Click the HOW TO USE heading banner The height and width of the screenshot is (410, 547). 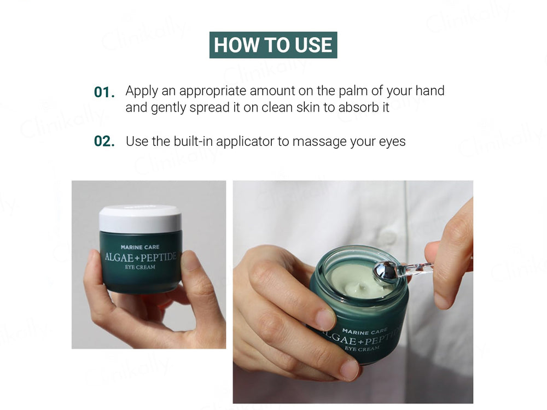273,45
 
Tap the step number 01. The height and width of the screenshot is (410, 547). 104,92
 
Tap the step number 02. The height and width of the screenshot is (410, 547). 104,142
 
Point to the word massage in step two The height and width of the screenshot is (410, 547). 317,142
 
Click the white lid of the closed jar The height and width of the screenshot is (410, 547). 140,219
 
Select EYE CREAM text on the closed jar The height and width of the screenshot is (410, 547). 139,267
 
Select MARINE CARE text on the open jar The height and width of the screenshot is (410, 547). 364,331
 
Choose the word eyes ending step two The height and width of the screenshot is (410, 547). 392,142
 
